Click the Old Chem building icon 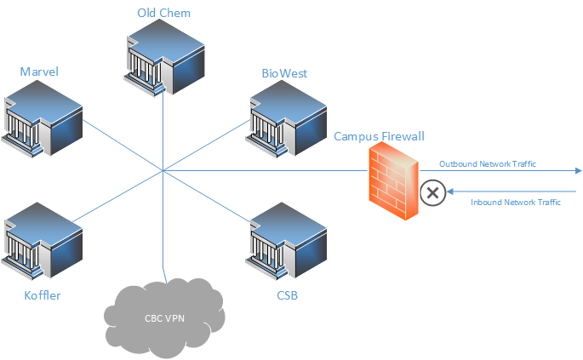click(x=164, y=57)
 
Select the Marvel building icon click(x=42, y=119)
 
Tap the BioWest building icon click(x=286, y=119)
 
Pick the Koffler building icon click(x=42, y=241)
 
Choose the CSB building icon click(x=286, y=241)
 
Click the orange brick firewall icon click(x=394, y=181)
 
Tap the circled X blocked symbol click(x=433, y=192)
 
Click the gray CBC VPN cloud click(x=164, y=318)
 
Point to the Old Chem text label click(x=164, y=13)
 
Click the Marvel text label click(x=39, y=71)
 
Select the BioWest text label click(x=284, y=73)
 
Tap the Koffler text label click(x=43, y=295)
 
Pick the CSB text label click(x=288, y=295)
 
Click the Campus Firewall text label click(x=379, y=136)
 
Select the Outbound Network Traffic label click(x=488, y=164)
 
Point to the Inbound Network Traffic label click(x=516, y=203)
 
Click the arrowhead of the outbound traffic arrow click(x=579, y=171)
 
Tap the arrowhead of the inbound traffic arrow click(x=450, y=191)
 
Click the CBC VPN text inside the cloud click(x=164, y=318)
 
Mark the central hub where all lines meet click(x=163, y=171)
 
